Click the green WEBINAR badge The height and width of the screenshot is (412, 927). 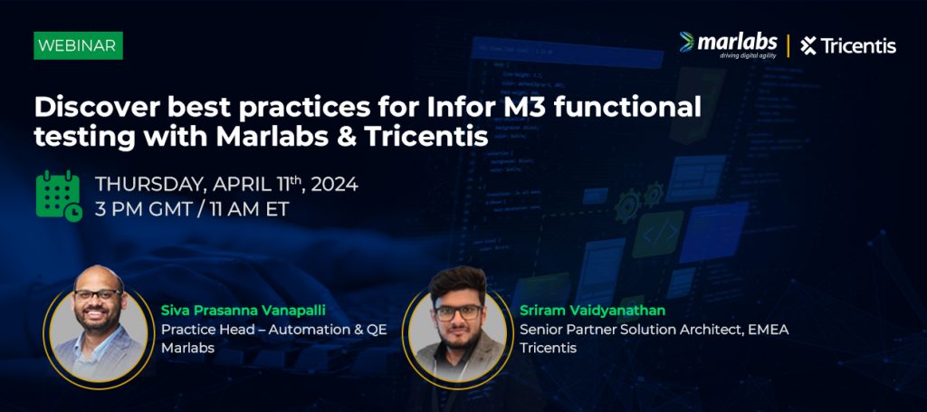(x=78, y=45)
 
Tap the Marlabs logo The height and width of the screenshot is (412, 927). (x=729, y=45)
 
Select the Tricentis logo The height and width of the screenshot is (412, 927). (x=848, y=46)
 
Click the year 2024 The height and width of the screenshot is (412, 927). (x=335, y=185)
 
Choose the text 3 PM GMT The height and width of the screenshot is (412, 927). (x=141, y=210)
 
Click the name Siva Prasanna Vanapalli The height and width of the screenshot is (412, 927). (x=244, y=311)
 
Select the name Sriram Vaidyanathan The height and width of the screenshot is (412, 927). (x=593, y=311)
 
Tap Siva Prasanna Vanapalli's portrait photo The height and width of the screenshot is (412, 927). (x=98, y=328)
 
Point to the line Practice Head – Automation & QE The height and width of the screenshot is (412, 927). (x=274, y=330)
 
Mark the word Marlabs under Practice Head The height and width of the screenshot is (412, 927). (x=188, y=348)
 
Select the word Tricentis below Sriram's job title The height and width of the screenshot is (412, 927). (x=548, y=348)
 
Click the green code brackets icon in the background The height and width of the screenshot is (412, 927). (x=657, y=235)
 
